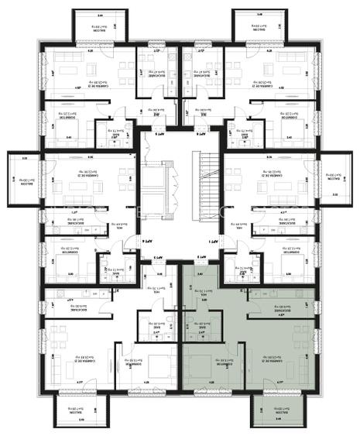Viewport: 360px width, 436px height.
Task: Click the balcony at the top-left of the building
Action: (x=95, y=28)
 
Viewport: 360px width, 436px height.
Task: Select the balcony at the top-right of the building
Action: (x=262, y=28)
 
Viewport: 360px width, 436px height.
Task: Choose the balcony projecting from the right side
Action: (x=337, y=180)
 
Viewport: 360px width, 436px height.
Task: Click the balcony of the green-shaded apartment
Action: (x=276, y=409)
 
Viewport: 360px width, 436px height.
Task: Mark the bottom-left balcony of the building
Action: (x=80, y=409)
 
